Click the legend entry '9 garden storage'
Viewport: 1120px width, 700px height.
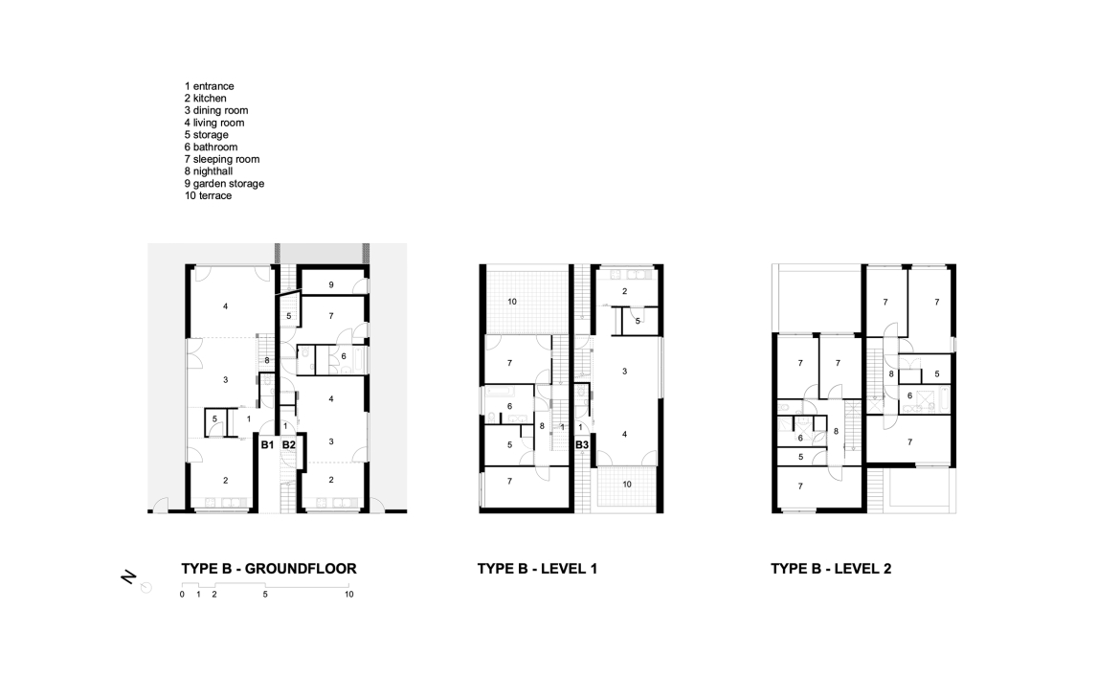pos(224,184)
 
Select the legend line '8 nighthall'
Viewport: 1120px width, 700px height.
pos(209,171)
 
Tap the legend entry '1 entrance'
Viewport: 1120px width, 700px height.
pos(210,86)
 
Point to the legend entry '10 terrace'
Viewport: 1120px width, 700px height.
pos(208,195)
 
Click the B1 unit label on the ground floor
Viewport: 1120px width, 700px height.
pos(267,445)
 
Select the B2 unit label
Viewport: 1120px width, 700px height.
pos(288,445)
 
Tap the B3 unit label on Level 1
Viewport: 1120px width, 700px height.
pos(582,445)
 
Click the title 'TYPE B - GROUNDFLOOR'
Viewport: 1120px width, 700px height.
pos(269,569)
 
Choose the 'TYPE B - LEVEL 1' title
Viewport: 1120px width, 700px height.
pos(537,569)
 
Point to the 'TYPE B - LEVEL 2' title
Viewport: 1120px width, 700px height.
pos(831,569)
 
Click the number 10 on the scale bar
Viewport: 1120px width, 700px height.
pos(348,595)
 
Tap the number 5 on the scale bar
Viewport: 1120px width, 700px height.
pos(265,595)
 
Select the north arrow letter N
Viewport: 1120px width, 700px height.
pos(128,577)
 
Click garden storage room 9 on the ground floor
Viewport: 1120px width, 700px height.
pos(331,285)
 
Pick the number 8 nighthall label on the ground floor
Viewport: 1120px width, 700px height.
pos(267,361)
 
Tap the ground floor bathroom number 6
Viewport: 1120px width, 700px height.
pos(344,356)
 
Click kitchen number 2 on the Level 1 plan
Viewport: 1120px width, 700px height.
pos(624,291)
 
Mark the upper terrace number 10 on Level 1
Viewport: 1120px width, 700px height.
pos(512,302)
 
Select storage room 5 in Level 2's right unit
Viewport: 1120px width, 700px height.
pos(937,374)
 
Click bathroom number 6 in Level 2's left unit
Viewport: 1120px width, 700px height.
pos(800,439)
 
